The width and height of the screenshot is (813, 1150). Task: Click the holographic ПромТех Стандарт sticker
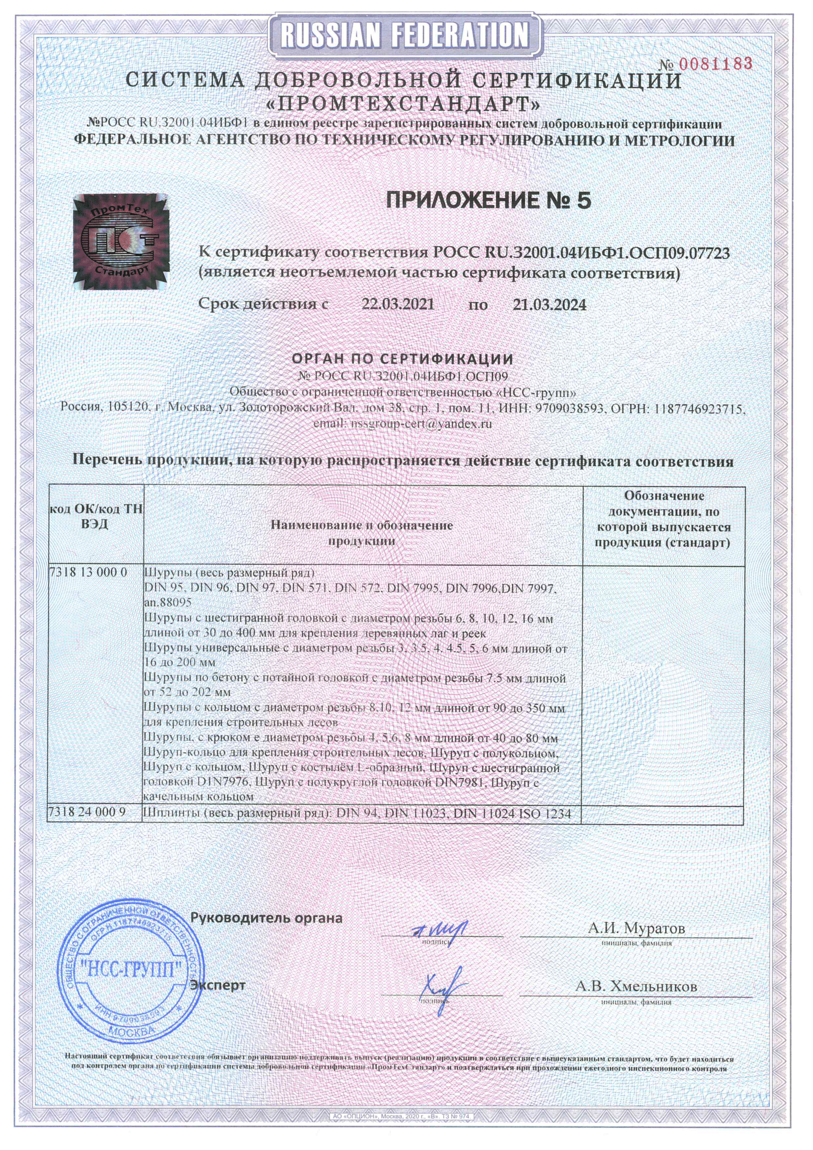[x=120, y=242]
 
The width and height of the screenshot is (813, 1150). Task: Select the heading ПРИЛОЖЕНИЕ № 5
[x=489, y=201]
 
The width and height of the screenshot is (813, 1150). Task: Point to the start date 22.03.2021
[x=398, y=304]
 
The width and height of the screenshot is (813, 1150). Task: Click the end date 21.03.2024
[x=550, y=304]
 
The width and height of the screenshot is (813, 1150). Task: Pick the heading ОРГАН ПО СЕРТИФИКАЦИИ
[x=403, y=359]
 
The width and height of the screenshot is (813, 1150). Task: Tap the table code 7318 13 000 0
[x=88, y=573]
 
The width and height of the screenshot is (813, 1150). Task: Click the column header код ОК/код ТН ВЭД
[x=95, y=517]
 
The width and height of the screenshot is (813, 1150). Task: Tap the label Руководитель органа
[x=266, y=918]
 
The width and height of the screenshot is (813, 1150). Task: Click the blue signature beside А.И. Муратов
[x=440, y=930]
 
